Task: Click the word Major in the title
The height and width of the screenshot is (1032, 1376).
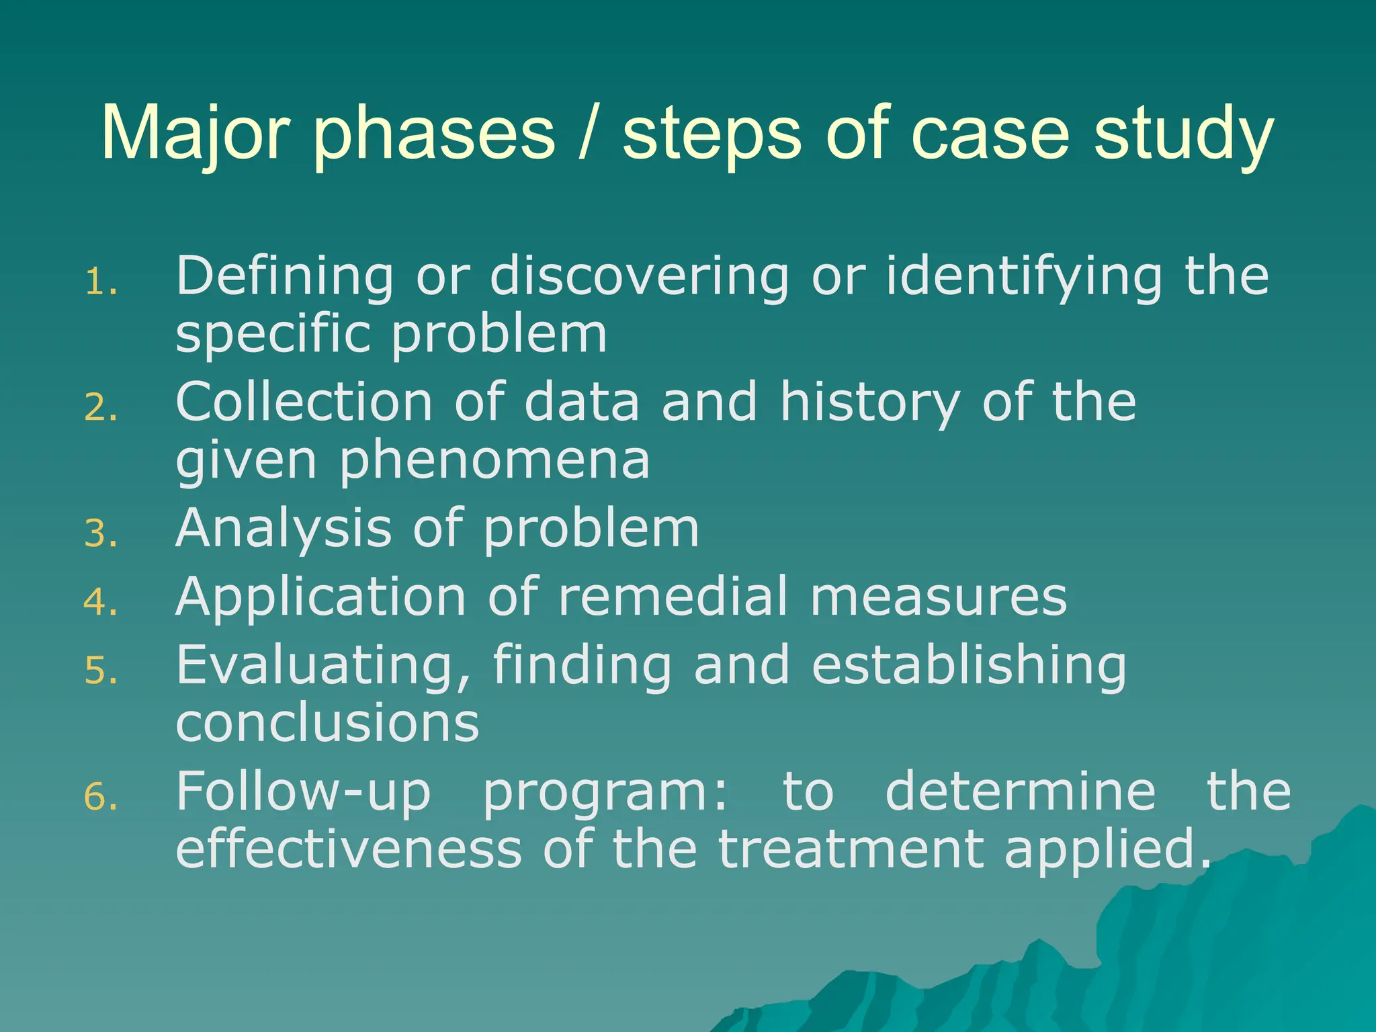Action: (x=195, y=134)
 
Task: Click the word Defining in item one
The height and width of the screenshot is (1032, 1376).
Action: (x=284, y=277)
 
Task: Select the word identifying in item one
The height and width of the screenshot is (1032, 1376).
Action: (x=1023, y=277)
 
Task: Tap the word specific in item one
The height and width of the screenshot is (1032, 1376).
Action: (x=272, y=335)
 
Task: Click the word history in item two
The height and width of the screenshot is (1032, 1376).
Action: (x=870, y=403)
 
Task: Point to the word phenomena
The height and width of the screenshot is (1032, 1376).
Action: (x=494, y=461)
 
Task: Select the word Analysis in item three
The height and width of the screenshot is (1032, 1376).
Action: (x=283, y=529)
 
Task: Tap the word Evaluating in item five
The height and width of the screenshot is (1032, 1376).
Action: (x=322, y=665)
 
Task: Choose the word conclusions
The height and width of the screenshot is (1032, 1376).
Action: (x=327, y=723)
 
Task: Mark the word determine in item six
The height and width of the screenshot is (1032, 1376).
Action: (x=1021, y=791)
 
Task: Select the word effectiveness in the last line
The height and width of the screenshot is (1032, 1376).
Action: (x=348, y=849)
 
